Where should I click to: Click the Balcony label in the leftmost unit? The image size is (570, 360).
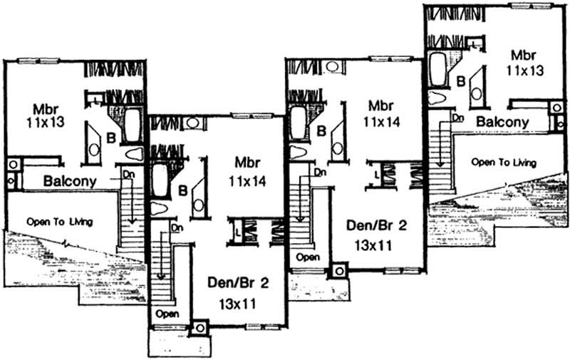click(x=70, y=181)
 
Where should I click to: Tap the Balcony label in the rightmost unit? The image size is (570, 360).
click(x=502, y=122)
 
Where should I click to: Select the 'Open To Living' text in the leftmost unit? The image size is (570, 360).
click(x=61, y=220)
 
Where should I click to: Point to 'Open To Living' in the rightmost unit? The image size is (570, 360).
click(x=504, y=162)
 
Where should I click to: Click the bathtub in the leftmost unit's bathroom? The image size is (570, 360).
click(x=133, y=125)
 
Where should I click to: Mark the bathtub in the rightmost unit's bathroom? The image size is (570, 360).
click(x=437, y=68)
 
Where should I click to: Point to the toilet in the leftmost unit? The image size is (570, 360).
click(x=133, y=153)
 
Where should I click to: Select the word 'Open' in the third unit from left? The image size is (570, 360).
click(x=307, y=256)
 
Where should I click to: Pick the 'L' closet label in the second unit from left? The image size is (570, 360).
click(x=237, y=230)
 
